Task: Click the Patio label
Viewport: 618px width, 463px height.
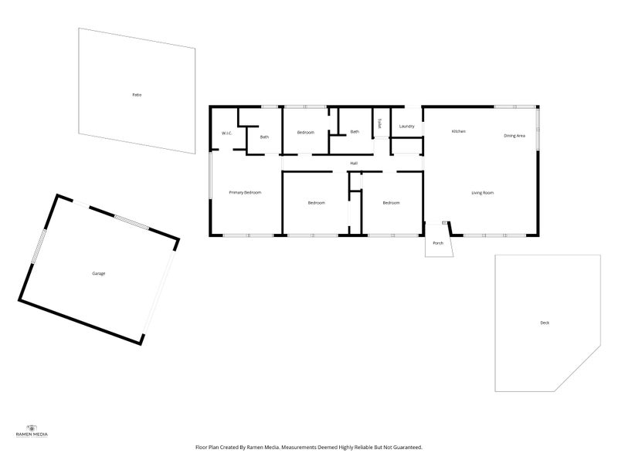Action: (x=137, y=95)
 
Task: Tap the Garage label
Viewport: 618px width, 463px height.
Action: (x=99, y=274)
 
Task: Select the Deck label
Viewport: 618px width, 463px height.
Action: (x=545, y=323)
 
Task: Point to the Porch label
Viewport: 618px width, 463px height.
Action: (x=438, y=243)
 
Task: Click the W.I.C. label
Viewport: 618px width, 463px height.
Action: (x=227, y=133)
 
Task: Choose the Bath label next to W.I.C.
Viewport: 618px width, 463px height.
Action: (x=264, y=137)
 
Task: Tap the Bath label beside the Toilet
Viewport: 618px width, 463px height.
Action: (x=355, y=132)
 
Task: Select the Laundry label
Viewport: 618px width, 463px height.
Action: (x=407, y=126)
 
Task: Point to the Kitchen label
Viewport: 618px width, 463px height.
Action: (x=458, y=132)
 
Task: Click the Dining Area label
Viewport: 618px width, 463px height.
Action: (x=514, y=136)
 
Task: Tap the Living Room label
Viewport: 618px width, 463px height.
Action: (x=483, y=193)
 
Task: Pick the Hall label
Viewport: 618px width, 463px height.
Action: (x=354, y=164)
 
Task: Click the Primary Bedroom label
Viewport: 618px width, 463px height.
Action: (x=245, y=192)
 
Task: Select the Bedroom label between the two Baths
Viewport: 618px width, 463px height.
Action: (x=306, y=133)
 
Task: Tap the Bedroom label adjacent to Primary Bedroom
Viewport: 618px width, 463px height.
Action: (x=316, y=203)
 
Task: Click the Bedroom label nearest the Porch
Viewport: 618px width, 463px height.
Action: (x=392, y=203)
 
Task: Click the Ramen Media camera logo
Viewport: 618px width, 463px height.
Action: (x=32, y=428)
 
